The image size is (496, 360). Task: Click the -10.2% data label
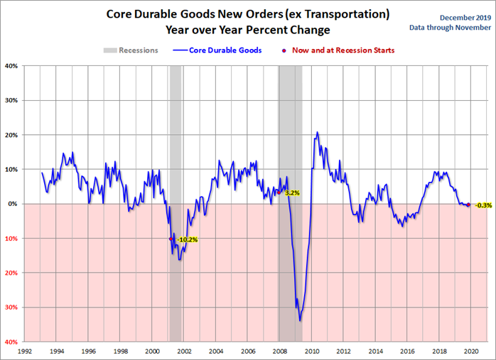coord(187,240)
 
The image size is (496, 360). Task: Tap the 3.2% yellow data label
coord(292,192)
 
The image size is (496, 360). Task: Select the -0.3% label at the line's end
coord(483,205)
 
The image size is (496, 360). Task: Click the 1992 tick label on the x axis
coord(24,351)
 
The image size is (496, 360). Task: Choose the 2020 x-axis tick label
coord(469,351)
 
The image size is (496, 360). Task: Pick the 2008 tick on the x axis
coord(279,351)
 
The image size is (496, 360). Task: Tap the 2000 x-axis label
coord(151,351)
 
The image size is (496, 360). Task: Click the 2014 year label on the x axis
coord(374,351)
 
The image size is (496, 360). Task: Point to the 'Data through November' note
coord(451,28)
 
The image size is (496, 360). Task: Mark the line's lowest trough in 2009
coord(300,321)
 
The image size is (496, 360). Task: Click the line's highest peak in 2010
coord(317,132)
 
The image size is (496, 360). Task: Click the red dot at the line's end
coord(468,204)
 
